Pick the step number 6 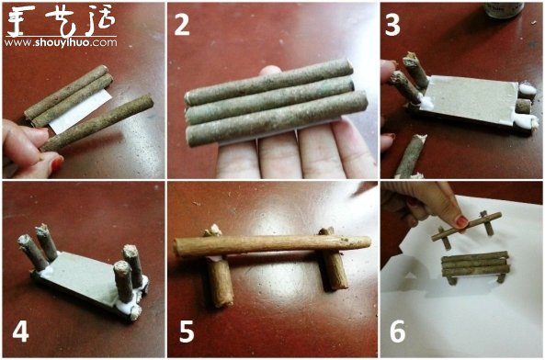pos(397,331)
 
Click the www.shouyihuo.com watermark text pos(61,41)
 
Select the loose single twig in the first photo pos(97,123)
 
